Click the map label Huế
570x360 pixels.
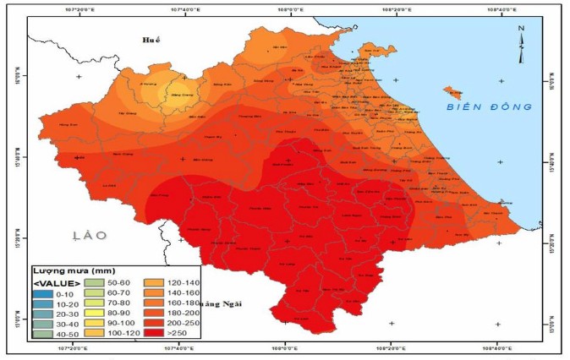(x=151, y=40)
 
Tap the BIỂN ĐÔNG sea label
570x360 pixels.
(x=490, y=106)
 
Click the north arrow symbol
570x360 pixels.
(x=522, y=34)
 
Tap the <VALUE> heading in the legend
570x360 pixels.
(x=57, y=281)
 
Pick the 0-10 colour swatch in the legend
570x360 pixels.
(x=44, y=293)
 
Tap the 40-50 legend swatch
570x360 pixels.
(x=44, y=334)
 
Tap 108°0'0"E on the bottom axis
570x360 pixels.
(x=286, y=346)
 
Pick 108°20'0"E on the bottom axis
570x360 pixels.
(x=391, y=346)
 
